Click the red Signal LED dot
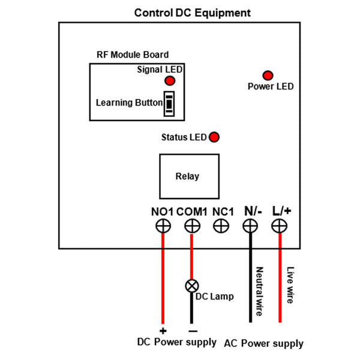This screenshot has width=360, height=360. [x=170, y=80]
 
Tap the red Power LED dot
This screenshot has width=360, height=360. [x=268, y=75]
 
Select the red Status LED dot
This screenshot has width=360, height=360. [x=214, y=137]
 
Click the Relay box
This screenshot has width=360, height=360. [x=187, y=176]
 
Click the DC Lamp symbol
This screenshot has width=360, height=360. [x=191, y=286]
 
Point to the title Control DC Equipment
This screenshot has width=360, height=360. [x=193, y=13]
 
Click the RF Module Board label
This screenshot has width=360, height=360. [x=133, y=55]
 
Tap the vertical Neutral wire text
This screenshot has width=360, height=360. [x=259, y=291]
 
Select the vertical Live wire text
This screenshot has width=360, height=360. [x=290, y=285]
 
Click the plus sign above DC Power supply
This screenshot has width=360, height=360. [x=162, y=331]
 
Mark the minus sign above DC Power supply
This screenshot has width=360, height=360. [x=192, y=331]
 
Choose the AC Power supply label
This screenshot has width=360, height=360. [x=263, y=344]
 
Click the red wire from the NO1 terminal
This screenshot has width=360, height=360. [x=162, y=276]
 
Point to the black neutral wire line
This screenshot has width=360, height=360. [x=250, y=276]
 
